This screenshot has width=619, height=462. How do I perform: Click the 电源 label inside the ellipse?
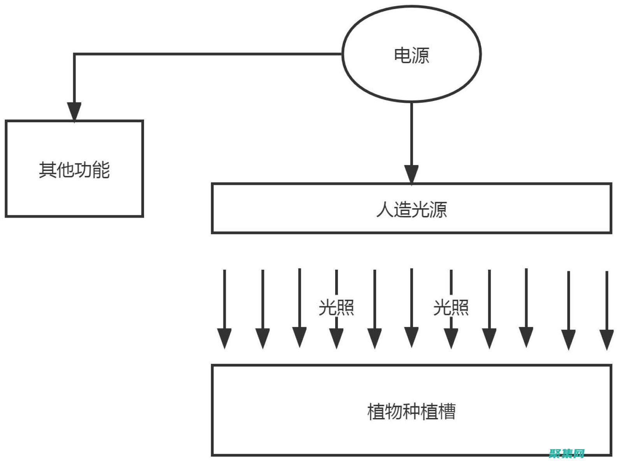pyautogui.click(x=411, y=55)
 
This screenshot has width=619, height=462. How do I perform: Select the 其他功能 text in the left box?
pyautogui.click(x=74, y=170)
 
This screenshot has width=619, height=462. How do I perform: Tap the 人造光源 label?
pyautogui.click(x=411, y=209)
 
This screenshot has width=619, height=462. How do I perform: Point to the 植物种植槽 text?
pyautogui.click(x=411, y=411)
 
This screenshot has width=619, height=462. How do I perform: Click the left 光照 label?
pyautogui.click(x=336, y=307)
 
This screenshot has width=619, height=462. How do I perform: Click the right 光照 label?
pyautogui.click(x=451, y=307)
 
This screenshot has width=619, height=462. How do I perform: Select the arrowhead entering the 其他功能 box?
pyautogui.click(x=74, y=112)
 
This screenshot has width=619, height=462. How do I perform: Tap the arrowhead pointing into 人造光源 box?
pyautogui.click(x=411, y=174)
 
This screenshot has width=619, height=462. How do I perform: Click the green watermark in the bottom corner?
pyautogui.click(x=567, y=453)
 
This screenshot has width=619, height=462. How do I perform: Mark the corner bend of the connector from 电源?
pyautogui.click(x=74, y=54)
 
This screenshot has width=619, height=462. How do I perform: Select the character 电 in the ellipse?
pyautogui.click(x=403, y=55)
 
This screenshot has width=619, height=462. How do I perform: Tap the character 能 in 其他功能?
pyautogui.click(x=101, y=170)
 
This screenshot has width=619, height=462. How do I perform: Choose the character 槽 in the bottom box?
pyautogui.click(x=447, y=411)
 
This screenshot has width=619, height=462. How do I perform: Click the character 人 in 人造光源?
pyautogui.click(x=385, y=209)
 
